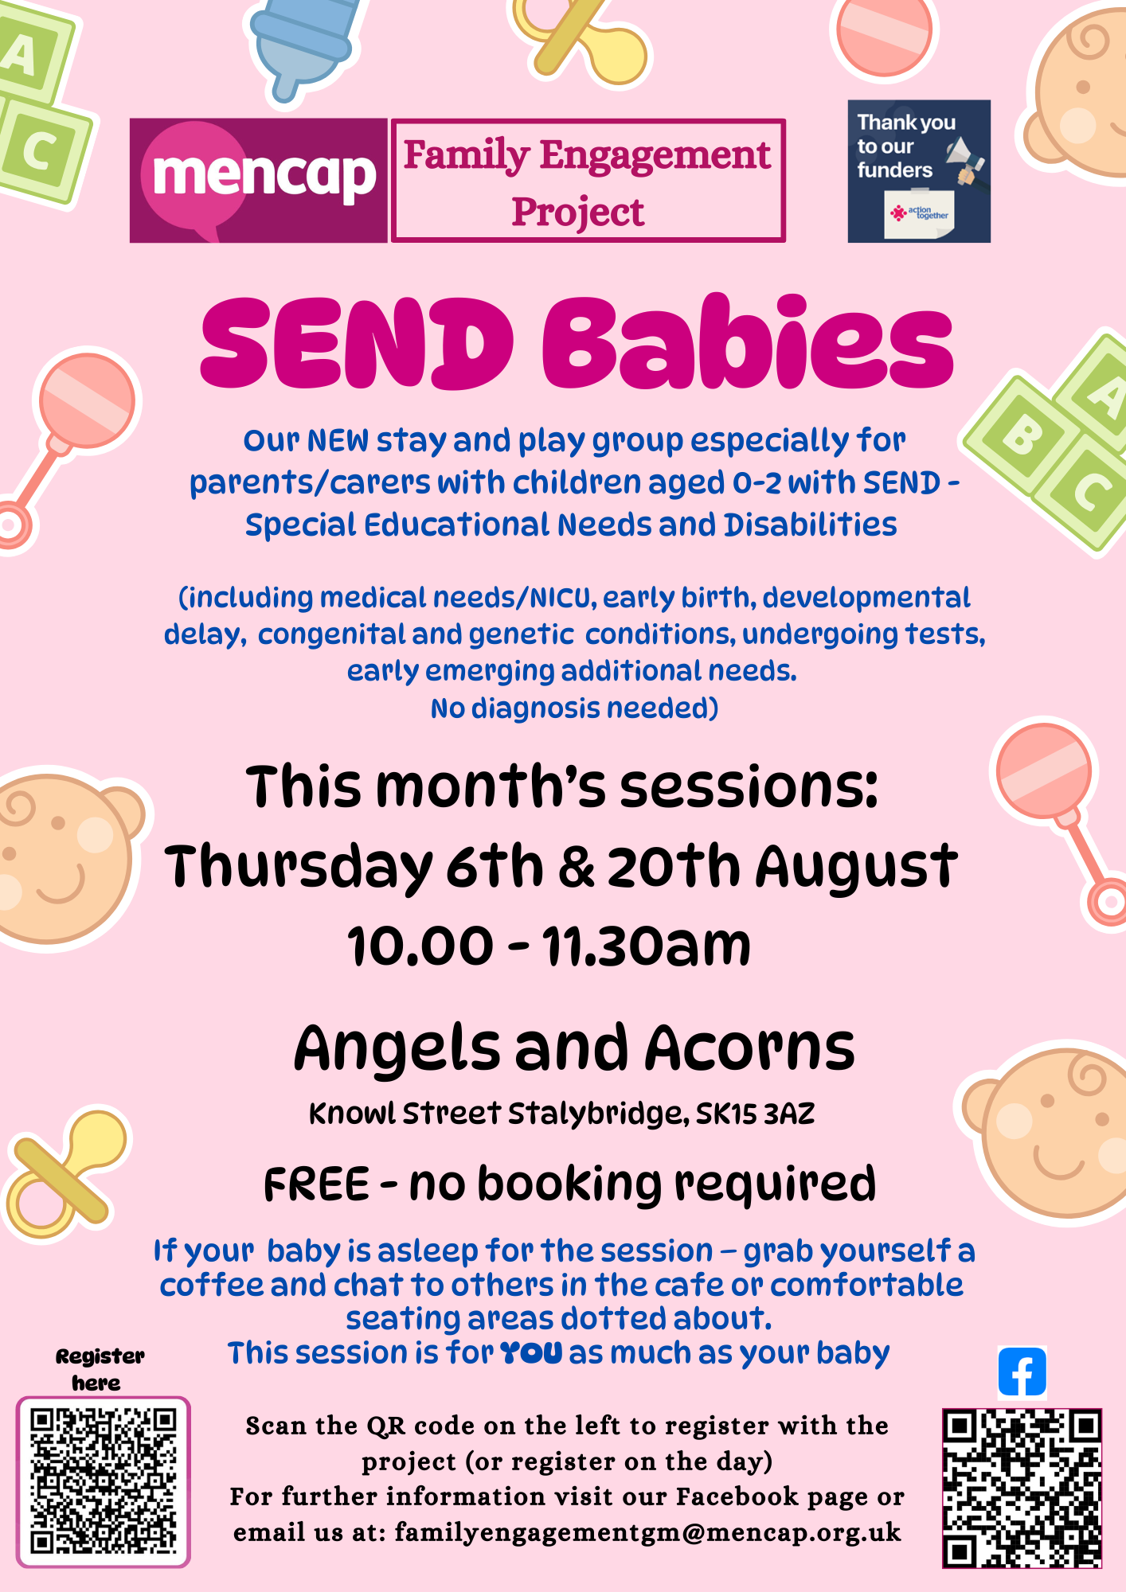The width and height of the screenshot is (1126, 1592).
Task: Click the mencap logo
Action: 259,181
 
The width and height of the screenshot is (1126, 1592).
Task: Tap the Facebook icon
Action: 1022,1372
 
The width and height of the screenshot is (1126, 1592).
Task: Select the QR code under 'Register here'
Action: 104,1481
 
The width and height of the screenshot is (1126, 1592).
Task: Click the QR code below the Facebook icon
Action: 1022,1488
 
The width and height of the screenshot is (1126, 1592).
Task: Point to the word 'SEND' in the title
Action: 356,344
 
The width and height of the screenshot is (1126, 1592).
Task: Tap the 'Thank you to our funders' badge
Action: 919,171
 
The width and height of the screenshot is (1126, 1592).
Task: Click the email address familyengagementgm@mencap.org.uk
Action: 647,1532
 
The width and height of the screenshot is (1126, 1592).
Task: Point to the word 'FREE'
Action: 316,1184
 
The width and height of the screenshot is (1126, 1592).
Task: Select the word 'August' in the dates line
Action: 856,868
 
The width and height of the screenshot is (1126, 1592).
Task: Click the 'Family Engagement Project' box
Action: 588,181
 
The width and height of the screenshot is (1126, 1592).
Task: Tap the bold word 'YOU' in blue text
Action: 530,1352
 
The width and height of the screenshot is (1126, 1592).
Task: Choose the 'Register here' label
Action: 100,1369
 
